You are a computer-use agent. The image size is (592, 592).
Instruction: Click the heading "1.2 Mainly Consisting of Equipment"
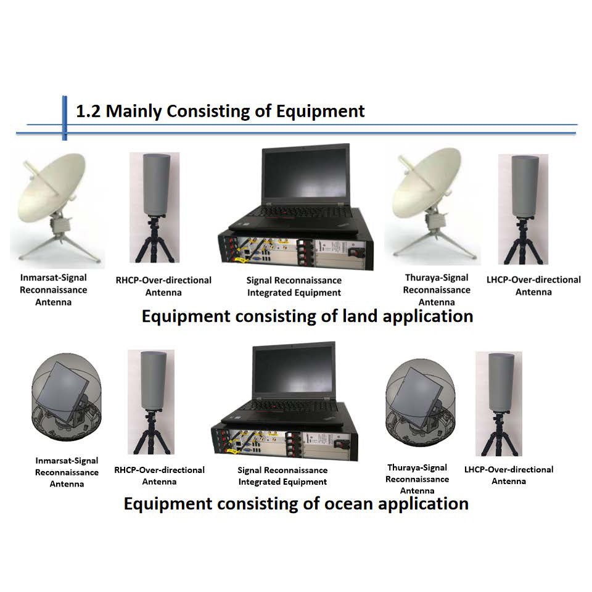220,111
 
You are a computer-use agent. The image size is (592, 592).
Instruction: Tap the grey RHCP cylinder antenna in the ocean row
151,380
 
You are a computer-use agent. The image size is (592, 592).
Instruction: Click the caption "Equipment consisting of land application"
307,316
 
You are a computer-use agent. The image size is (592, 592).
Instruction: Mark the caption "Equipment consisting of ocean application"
296,503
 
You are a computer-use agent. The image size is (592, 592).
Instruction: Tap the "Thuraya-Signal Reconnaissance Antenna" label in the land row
437,290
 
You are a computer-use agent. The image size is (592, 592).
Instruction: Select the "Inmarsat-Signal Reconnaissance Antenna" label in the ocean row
67,472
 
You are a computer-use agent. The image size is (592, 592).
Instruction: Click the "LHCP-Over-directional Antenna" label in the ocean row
509,475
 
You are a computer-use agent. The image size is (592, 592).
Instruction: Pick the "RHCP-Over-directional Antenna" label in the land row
163,286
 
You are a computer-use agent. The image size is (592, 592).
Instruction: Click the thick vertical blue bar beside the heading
64,117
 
